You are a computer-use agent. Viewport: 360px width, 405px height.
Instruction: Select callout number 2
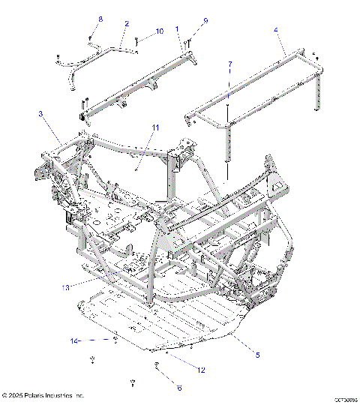coord(126,24)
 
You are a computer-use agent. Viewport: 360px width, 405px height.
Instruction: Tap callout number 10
coord(160,31)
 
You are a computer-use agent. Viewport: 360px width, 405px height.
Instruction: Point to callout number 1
coord(177,28)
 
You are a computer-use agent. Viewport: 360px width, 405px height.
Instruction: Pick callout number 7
coord(230,64)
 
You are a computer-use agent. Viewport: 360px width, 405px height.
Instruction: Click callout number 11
coord(155,128)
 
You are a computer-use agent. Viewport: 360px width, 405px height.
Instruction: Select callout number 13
coord(65,286)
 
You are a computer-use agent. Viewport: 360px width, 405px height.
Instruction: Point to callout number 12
coord(200,369)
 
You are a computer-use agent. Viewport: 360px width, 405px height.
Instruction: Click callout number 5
coord(257,354)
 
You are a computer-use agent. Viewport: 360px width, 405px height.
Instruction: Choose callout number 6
coord(178,388)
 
